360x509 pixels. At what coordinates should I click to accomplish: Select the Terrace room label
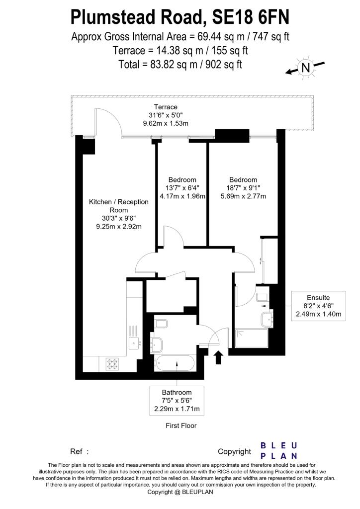[165, 107]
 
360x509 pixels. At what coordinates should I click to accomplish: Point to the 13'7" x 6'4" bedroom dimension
[182, 187]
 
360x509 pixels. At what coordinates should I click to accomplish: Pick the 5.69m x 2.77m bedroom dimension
[243, 196]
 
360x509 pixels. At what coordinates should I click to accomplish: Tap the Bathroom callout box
[178, 401]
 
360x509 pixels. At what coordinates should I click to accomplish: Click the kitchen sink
[134, 342]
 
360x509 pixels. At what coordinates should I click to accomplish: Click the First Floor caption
[181, 425]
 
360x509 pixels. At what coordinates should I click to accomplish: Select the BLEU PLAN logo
[279, 450]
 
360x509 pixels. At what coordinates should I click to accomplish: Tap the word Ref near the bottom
[76, 452]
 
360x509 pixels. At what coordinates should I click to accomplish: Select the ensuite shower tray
[252, 338]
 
